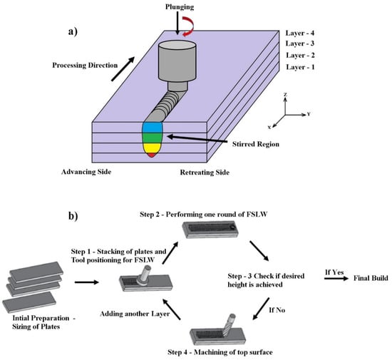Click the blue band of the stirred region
153,128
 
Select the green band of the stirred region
153,138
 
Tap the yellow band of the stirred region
152,148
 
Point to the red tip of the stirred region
152,155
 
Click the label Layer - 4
300,33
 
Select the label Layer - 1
300,67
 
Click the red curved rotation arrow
188,26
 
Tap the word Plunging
180,7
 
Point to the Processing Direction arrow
123,69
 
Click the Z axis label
285,95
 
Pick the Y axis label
309,114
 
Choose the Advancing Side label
86,172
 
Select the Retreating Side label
205,173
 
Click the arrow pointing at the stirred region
197,139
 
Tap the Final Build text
371,278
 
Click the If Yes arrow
336,278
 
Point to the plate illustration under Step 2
210,229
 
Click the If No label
277,310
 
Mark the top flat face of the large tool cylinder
177,45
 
